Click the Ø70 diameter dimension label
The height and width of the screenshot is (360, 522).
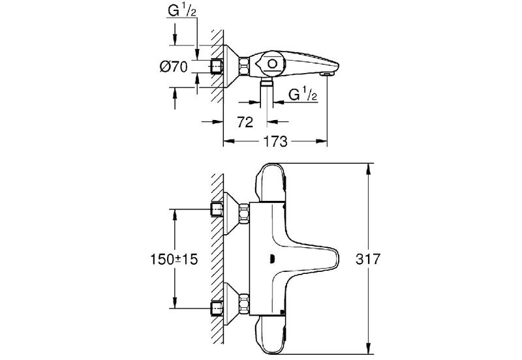(x=174, y=67)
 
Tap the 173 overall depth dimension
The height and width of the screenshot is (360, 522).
(x=275, y=142)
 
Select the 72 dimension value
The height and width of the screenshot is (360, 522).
(x=245, y=122)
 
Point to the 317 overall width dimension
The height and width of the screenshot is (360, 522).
(x=367, y=259)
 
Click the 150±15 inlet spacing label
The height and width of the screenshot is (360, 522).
(x=174, y=259)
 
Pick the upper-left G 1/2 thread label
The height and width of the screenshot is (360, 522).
(x=182, y=10)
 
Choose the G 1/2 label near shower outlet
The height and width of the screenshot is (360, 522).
(x=303, y=95)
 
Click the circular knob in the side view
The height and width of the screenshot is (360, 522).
(x=272, y=64)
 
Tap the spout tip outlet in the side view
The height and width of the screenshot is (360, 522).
(x=327, y=74)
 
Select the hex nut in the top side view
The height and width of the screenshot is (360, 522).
(x=244, y=65)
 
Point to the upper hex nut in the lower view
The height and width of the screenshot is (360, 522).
(x=244, y=214)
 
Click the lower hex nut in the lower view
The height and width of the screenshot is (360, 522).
(x=244, y=305)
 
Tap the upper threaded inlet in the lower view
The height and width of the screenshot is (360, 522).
(x=217, y=209)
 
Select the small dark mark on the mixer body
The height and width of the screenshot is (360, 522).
(x=272, y=258)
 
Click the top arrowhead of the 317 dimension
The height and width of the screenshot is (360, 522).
(x=368, y=168)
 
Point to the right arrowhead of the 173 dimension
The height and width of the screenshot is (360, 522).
(x=322, y=142)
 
